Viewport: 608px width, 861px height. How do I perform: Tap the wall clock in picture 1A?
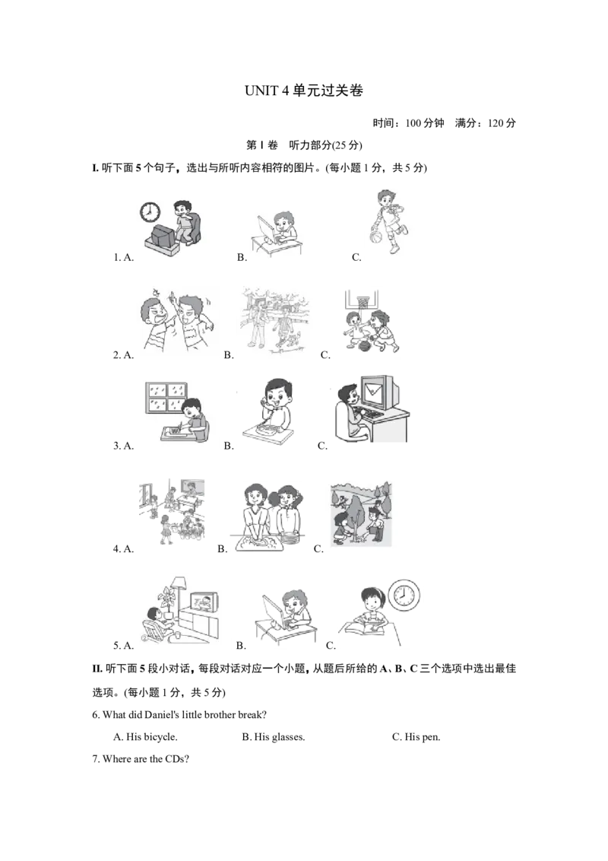point(150,211)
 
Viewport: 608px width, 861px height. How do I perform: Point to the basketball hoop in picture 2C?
point(362,300)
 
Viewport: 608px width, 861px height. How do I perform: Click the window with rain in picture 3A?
point(166,398)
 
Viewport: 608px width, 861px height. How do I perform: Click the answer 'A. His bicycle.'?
point(145,737)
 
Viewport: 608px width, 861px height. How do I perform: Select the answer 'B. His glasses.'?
point(274,737)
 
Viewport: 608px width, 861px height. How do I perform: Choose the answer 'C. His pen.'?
point(416,737)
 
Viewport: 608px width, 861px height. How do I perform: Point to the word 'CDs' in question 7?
point(175,759)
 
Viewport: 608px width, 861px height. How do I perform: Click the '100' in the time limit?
point(413,123)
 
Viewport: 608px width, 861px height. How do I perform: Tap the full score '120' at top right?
point(495,123)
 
